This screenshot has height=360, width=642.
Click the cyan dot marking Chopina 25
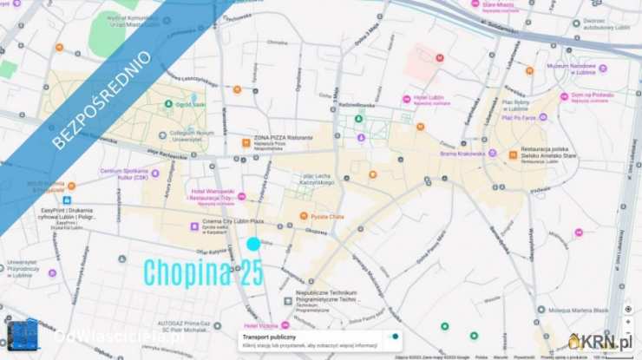coord(253,245)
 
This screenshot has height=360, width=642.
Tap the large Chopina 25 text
coord(203,272)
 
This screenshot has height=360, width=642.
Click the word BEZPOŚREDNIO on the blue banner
coord(102,101)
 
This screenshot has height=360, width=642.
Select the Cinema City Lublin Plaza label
coord(233,221)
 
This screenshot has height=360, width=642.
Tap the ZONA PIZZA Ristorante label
coord(283,138)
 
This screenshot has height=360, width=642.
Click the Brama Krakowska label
coord(462,154)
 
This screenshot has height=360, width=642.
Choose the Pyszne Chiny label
coord(327,216)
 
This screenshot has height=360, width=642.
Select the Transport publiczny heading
coord(269,337)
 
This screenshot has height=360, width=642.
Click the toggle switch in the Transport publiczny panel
coord(394,337)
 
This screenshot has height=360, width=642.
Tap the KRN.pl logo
coord(601,342)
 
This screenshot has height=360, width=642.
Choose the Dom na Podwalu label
coord(593,95)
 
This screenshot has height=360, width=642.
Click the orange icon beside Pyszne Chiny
coord(304,216)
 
